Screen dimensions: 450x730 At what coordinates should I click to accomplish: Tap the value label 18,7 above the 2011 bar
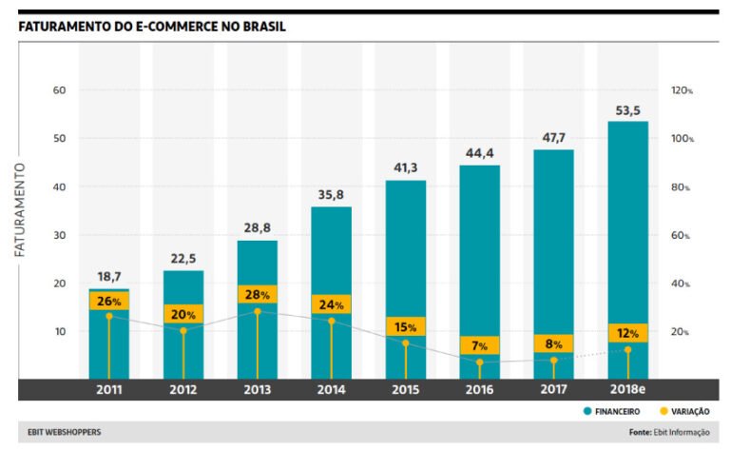tap(109, 276)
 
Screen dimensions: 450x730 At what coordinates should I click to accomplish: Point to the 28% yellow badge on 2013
tap(257, 295)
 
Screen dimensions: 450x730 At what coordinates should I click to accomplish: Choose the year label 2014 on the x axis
tap(330, 390)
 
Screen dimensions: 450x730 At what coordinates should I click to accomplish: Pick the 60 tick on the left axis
tap(59, 90)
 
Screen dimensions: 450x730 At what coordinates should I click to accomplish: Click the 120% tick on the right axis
tap(682, 90)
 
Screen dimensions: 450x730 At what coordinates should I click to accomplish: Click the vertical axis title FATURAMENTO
tap(19, 209)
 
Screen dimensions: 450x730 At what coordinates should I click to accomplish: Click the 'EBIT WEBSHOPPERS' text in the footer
tap(59, 433)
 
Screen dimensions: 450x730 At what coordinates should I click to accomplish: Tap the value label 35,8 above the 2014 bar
tap(331, 195)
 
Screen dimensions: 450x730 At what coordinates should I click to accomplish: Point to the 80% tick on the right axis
tap(682, 187)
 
